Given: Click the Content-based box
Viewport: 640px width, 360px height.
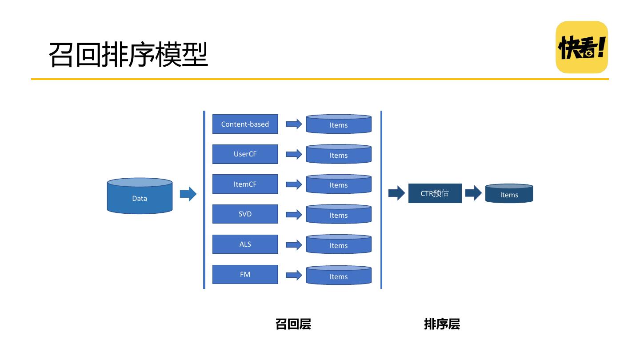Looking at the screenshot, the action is (x=245, y=124).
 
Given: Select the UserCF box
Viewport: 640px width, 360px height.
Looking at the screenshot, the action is (x=245, y=154).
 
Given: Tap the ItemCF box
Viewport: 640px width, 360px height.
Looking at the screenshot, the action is (x=245, y=184).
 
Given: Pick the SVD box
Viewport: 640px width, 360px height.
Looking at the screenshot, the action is (x=245, y=214).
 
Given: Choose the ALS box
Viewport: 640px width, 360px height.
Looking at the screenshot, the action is (x=245, y=244).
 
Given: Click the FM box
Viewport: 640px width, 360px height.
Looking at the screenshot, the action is (x=245, y=274).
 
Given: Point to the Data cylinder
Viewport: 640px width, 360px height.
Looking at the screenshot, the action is (x=140, y=196).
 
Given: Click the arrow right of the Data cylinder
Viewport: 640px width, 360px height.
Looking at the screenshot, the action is (x=188, y=194).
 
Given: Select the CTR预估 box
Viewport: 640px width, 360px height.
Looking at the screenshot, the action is (x=435, y=193).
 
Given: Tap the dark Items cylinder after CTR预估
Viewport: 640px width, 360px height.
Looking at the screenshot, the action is (x=509, y=193).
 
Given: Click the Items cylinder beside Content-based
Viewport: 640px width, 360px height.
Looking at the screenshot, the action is (x=339, y=124).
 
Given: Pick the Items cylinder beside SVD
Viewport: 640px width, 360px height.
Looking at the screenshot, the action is (x=339, y=214).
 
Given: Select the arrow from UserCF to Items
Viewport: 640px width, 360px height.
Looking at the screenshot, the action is (x=294, y=154).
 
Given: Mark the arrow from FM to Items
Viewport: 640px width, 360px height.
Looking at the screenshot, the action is (x=294, y=275).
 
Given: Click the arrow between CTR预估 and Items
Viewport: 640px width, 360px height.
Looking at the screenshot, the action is (x=473, y=193).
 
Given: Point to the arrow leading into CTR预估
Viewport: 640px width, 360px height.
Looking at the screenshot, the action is (x=396, y=193).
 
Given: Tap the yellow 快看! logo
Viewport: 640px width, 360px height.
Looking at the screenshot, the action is (x=582, y=47).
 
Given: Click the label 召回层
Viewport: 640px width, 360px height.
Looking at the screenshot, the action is (x=293, y=324).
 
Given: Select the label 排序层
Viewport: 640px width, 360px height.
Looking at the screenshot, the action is (x=442, y=324).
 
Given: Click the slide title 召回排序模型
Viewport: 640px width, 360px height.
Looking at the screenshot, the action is (x=128, y=54).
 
